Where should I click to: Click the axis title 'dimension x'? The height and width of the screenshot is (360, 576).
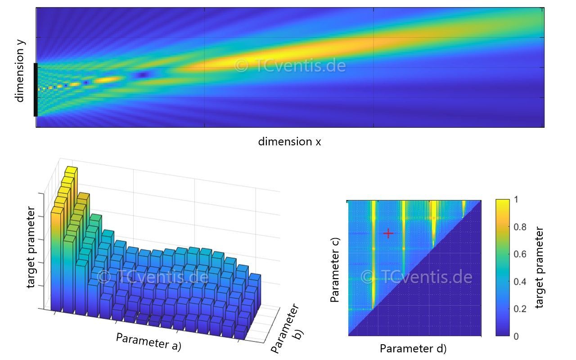coord(289,142)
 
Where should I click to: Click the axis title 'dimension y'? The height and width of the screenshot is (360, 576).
coord(20,71)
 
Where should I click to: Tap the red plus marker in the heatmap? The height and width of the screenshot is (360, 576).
coord(388,233)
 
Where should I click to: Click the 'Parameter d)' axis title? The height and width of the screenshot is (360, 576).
coord(413,349)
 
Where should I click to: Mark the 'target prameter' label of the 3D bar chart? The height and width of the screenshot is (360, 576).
coord(31,247)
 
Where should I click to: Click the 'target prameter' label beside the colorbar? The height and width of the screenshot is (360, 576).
coord(540,268)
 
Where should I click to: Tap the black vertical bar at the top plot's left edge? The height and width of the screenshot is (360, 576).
coord(36,90)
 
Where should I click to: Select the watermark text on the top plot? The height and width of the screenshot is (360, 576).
coord(290,66)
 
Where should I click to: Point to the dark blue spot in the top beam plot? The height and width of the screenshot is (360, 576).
coord(143,75)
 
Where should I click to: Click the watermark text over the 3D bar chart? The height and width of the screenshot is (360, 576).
coord(153,276)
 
